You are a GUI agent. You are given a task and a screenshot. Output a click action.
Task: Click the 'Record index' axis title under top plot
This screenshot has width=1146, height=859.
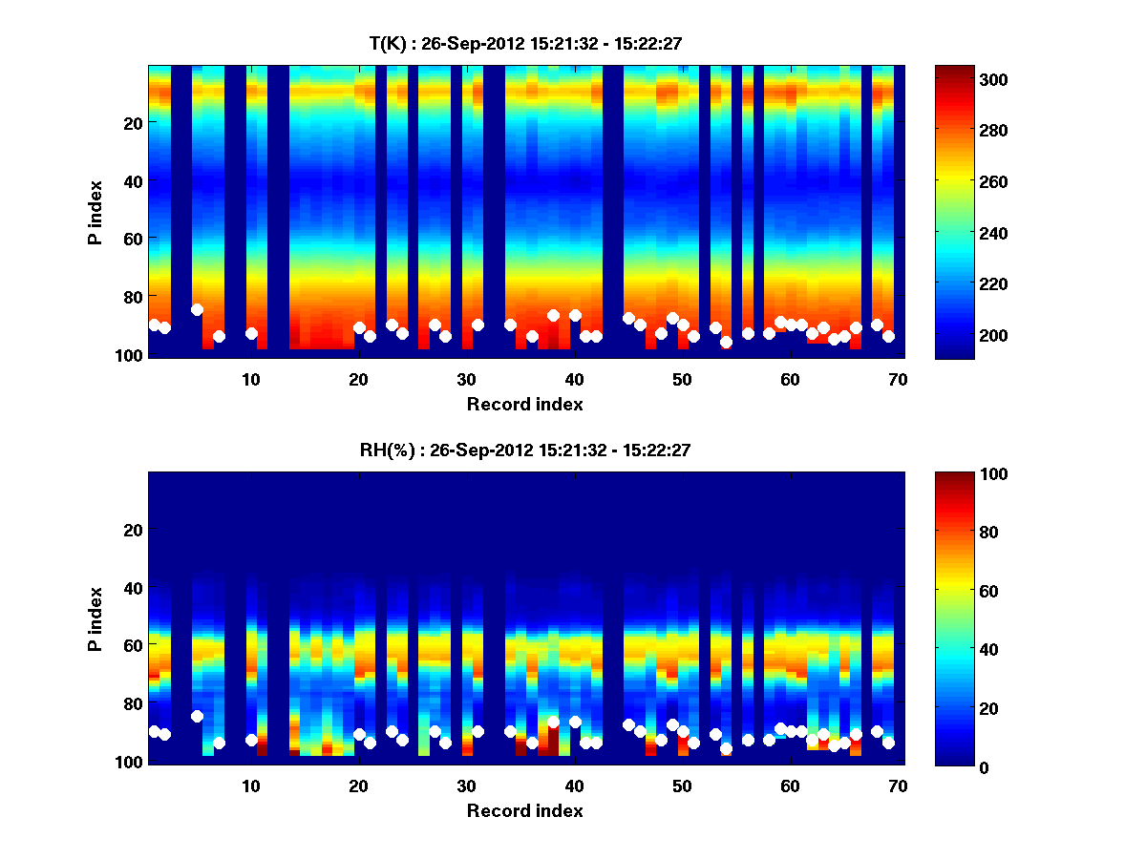click(x=524, y=404)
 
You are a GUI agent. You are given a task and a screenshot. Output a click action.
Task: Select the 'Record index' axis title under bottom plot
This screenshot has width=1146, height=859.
click(x=524, y=810)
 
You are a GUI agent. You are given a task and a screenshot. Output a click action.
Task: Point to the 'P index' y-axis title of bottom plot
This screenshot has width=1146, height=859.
click(x=95, y=618)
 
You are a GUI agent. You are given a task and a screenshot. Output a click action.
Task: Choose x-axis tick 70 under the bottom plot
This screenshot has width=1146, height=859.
click(x=898, y=785)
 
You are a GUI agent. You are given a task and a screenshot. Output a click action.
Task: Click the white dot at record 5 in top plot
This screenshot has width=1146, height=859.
click(x=197, y=309)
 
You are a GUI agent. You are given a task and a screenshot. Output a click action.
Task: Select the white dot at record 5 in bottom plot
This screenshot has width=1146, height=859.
click(x=197, y=716)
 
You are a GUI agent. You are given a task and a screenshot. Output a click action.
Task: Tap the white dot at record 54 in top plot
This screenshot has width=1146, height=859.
click(x=726, y=342)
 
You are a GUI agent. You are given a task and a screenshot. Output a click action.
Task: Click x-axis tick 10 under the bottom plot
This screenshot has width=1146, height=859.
click(x=251, y=785)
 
